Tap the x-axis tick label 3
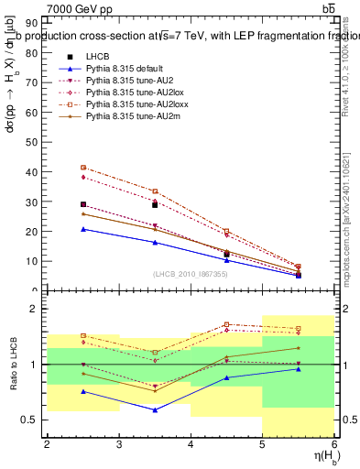click(119, 445)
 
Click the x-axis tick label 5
click(263, 445)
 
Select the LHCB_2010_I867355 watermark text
click(191, 274)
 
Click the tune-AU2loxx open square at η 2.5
click(83, 168)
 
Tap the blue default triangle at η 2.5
click(83, 229)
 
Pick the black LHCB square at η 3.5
click(155, 205)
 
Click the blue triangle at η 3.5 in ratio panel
click(155, 409)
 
